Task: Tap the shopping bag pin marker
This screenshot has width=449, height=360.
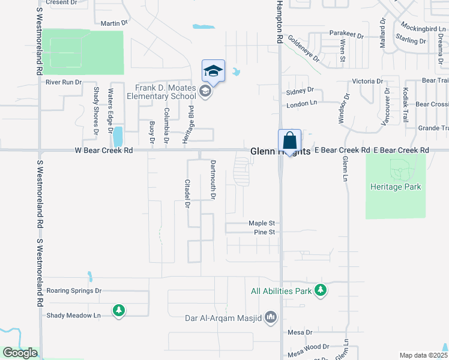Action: (x=289, y=142)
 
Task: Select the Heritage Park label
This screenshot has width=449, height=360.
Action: (x=396, y=187)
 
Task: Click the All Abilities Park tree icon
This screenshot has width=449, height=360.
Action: (x=321, y=291)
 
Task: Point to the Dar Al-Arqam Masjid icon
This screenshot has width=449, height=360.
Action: (x=271, y=317)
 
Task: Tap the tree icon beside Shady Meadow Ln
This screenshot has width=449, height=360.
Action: (x=119, y=310)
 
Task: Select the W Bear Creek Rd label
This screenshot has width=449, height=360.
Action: (x=103, y=151)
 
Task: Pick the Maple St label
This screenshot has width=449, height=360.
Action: (x=262, y=223)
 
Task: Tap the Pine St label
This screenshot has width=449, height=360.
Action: (x=264, y=232)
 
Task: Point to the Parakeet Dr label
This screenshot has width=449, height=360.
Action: (x=346, y=35)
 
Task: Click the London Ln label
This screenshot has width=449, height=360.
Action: (x=301, y=103)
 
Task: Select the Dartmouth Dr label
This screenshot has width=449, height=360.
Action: (x=212, y=179)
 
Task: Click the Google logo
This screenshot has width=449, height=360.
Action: (x=19, y=353)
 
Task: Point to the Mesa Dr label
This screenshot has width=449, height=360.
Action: (x=300, y=332)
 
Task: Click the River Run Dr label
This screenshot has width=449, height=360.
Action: (x=63, y=82)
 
